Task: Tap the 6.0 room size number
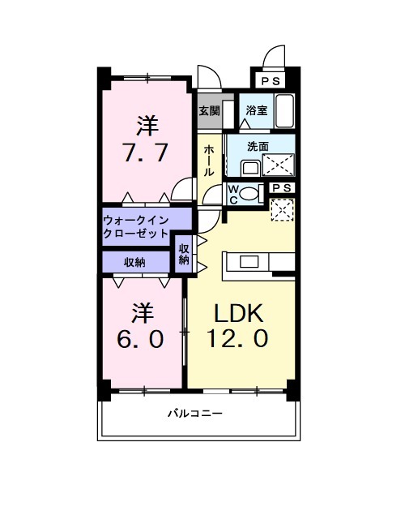142,337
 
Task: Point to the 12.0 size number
240,338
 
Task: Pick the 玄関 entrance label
209,110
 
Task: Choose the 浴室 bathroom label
257,110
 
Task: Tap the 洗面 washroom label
258,147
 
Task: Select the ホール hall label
209,161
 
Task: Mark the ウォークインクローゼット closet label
135,225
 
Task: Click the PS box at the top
270,81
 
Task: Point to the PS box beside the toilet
283,188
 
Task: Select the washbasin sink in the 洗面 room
249,167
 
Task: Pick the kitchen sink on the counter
249,261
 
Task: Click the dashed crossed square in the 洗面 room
281,165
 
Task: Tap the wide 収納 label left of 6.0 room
134,262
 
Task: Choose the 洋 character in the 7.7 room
147,126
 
